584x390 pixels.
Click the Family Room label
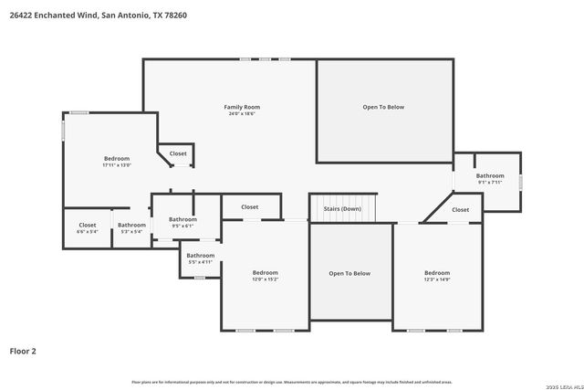click(x=242, y=107)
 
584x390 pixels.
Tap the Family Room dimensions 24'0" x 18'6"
click(x=242, y=114)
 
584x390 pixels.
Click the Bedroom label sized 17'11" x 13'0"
click(x=117, y=159)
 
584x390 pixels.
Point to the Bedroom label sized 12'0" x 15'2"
click(x=265, y=272)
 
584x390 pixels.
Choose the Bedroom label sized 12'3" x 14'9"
click(x=436, y=272)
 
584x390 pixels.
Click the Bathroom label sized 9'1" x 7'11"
click(x=490, y=175)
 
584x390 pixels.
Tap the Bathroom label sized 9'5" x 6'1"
click(x=182, y=219)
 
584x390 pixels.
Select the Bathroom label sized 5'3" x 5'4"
click(x=131, y=225)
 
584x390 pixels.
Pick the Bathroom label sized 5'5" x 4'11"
click(x=201, y=256)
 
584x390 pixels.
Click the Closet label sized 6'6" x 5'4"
click(x=88, y=225)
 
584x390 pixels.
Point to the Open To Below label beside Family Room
click(x=383, y=107)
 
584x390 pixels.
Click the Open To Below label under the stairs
click(x=349, y=273)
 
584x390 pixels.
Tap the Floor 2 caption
click(x=23, y=350)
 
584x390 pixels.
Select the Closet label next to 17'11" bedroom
click(x=178, y=153)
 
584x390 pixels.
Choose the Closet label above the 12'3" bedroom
click(x=460, y=209)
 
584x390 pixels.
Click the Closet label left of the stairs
click(x=249, y=206)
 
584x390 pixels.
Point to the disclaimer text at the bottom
click(x=292, y=382)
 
